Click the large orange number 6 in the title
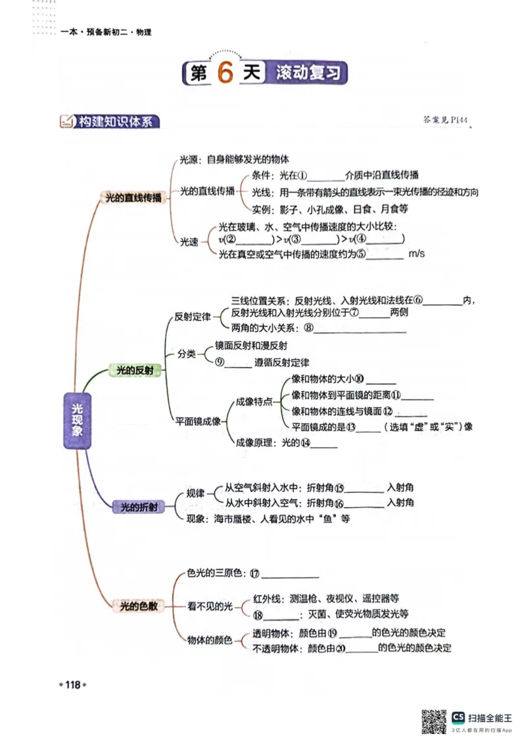[x=224, y=74]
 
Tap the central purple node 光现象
[x=78, y=421]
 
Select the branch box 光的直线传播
[x=130, y=198]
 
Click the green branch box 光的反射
[x=134, y=371]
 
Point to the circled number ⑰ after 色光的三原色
[x=254, y=574]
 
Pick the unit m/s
[x=417, y=254]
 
